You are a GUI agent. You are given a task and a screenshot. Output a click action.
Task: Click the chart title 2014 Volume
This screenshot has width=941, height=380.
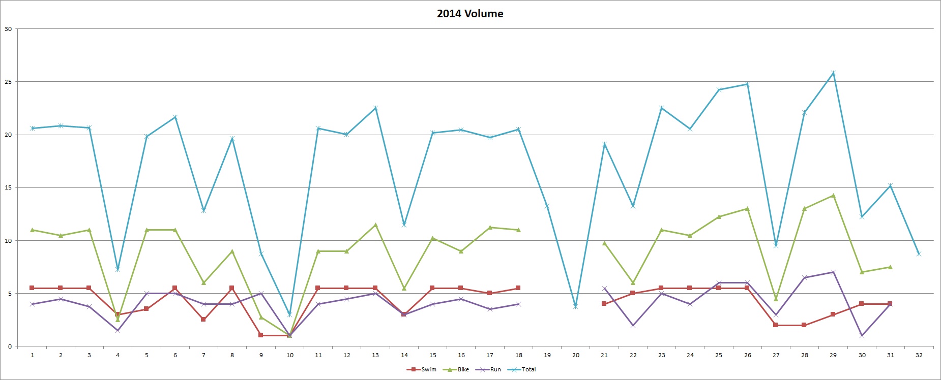point(470,14)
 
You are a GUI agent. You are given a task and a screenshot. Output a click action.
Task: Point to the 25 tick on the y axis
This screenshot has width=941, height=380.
point(8,82)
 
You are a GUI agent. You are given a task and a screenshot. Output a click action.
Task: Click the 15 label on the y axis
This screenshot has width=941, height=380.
point(8,188)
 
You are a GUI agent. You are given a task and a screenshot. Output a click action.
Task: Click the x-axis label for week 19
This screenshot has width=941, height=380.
point(547,355)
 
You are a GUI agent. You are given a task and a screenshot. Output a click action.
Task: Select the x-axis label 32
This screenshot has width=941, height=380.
point(919,355)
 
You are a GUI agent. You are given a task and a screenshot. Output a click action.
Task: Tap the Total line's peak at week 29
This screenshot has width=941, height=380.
point(833,73)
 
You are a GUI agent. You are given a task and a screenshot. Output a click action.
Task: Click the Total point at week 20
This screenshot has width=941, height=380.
point(576,306)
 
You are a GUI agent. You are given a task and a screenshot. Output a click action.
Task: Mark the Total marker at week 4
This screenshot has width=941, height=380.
point(117,269)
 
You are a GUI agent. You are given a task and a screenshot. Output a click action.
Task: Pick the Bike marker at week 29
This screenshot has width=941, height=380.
point(833,196)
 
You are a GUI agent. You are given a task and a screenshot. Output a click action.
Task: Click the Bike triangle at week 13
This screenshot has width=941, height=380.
point(375,225)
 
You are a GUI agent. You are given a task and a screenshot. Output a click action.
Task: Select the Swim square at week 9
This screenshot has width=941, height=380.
point(261,335)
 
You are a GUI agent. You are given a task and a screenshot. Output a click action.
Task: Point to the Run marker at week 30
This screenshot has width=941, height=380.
point(862,335)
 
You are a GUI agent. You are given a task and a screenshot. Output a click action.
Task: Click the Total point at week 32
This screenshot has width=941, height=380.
point(919,254)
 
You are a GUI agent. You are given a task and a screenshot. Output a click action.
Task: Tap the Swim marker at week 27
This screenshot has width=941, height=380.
point(776,325)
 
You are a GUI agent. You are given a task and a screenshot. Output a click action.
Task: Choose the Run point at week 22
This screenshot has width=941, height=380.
point(633,325)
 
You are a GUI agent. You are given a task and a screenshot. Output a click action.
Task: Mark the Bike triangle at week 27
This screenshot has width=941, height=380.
point(776,299)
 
